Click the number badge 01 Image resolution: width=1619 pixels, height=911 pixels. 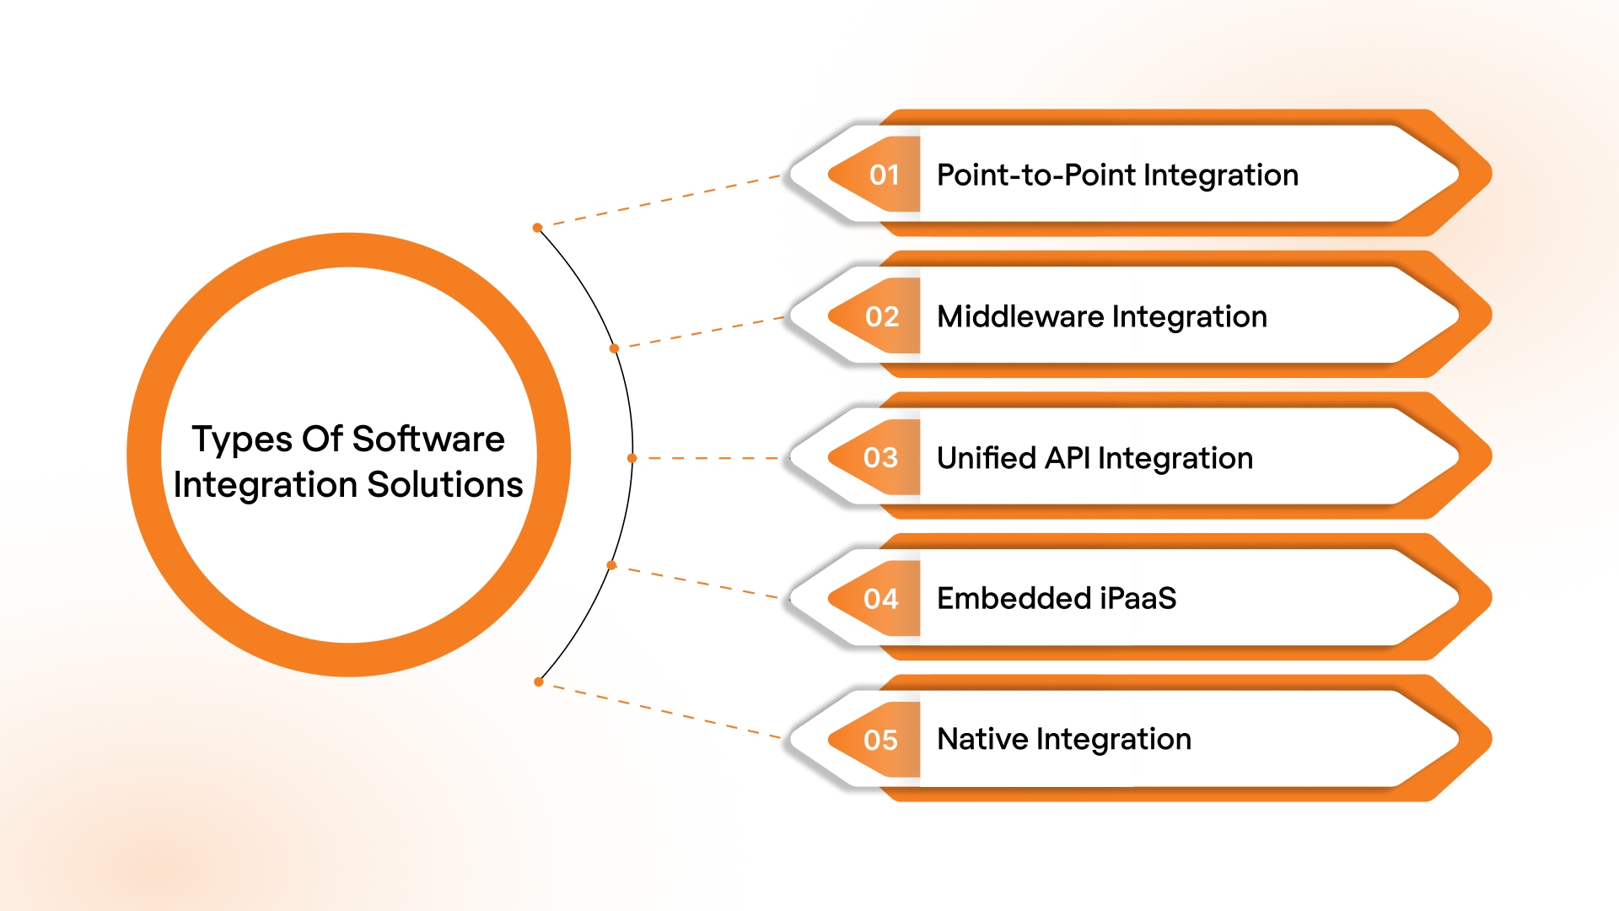coord(884,175)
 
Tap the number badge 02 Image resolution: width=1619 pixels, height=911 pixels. coord(882,316)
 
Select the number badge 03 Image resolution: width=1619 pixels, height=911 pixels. coord(880,457)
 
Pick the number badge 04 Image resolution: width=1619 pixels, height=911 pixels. coord(880,599)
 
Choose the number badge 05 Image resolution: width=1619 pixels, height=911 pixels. coord(880,740)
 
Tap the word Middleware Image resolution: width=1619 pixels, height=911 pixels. coord(1020,316)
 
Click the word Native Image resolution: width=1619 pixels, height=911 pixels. coord(982,739)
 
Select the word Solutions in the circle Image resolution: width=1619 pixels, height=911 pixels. coord(445,484)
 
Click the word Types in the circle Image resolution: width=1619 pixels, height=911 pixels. coord(242,440)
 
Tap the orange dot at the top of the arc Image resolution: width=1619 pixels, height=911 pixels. coord(537,228)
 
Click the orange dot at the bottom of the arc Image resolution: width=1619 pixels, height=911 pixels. coord(538,682)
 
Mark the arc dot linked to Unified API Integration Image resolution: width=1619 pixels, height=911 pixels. coord(632,458)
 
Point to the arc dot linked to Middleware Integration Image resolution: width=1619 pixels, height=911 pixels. coord(614,348)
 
